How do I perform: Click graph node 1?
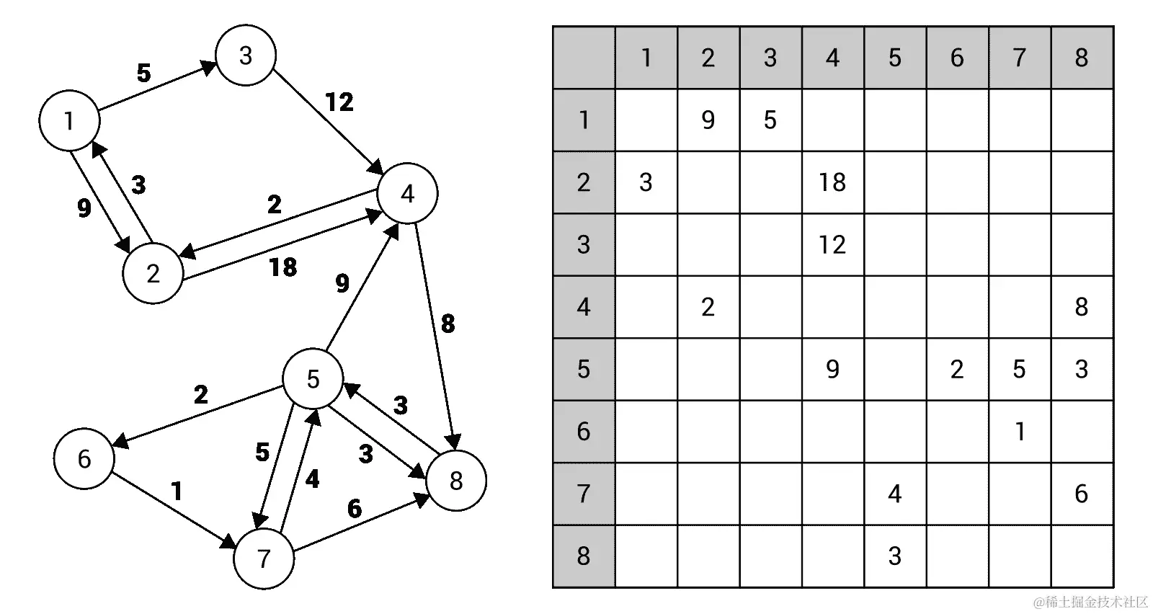[x=69, y=120]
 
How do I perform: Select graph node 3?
[x=246, y=55]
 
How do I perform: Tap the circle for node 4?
[x=407, y=193]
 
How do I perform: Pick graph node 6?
[x=84, y=458]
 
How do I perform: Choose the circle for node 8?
[x=456, y=481]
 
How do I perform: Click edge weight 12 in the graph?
[x=339, y=102]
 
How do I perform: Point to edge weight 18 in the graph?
[x=282, y=267]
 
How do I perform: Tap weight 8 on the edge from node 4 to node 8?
[x=448, y=324]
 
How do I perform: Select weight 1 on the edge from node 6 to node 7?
[x=177, y=491]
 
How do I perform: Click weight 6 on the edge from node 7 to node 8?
[x=354, y=509]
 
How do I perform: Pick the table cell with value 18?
[x=832, y=182]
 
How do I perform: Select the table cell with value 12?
[x=832, y=245]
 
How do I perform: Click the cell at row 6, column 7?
[x=1019, y=432]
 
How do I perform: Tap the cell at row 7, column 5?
[x=894, y=494]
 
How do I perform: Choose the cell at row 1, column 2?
[x=708, y=120]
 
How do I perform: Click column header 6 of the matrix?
[x=957, y=58]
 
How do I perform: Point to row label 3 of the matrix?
[x=584, y=245]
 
